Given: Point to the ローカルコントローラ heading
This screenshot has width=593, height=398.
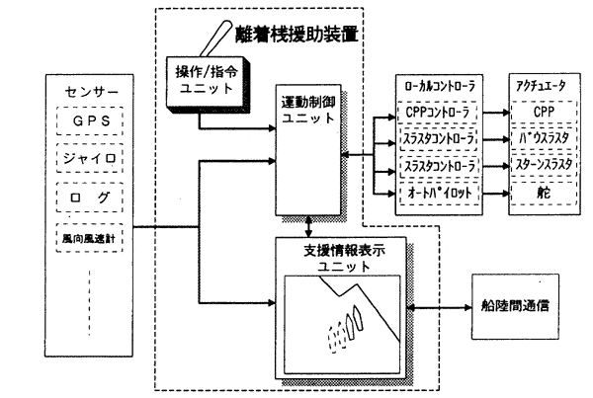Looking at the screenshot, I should (440, 86).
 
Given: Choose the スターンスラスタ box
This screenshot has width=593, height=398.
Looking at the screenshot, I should (539, 167).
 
